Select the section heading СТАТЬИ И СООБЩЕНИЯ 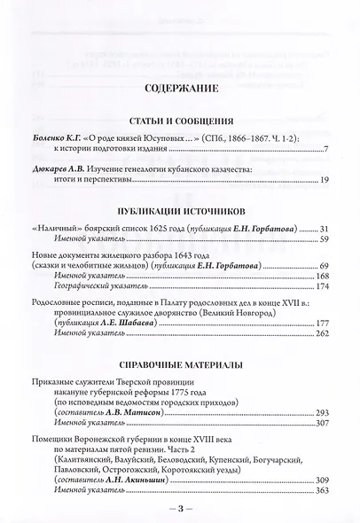(x=179, y=120)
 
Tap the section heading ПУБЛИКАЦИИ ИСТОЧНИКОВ (x=179, y=211)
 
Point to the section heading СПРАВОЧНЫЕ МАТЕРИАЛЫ (x=179, y=364)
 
